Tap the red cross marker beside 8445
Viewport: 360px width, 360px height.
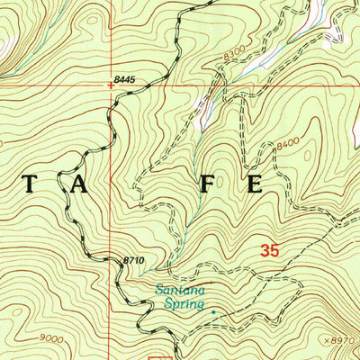tap(112, 85)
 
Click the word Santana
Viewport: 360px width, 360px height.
tap(174, 290)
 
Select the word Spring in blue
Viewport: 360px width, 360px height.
tap(184, 304)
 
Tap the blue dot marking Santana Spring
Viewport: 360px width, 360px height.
tap(214, 311)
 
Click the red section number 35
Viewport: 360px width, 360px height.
tap(268, 252)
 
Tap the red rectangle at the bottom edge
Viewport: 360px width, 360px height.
tap(164, 354)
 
